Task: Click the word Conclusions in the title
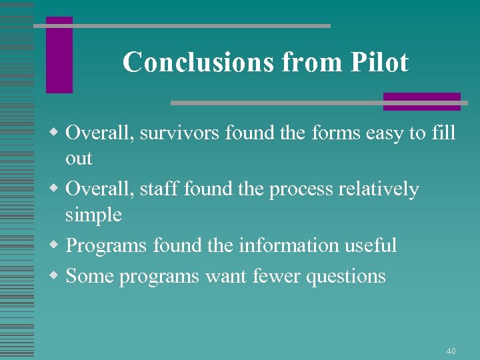coord(198,63)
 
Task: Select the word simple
coord(93,215)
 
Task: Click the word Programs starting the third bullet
coord(106,246)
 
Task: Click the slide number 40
coord(451,351)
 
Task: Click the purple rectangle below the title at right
coord(421,101)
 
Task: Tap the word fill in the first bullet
coord(443,133)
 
